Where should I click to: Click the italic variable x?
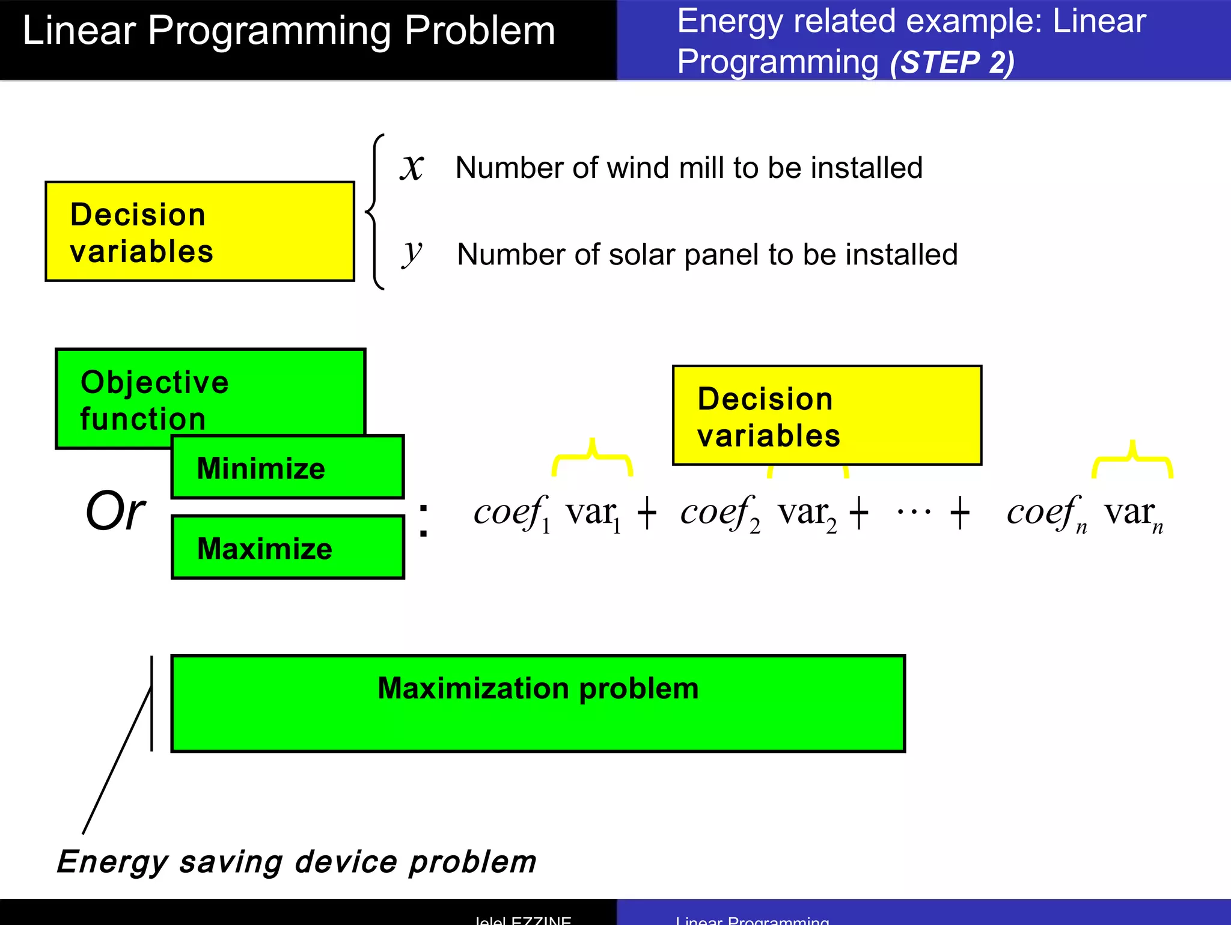tap(412, 168)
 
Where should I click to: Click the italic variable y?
tap(412, 253)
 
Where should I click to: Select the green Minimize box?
tap(287, 468)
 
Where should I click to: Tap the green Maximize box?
tap(287, 548)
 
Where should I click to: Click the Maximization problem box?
tap(538, 703)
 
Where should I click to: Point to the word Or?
tap(115, 511)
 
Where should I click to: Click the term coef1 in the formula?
tap(511, 513)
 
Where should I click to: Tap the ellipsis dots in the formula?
tap(914, 513)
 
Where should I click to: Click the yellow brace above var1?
tap(592, 458)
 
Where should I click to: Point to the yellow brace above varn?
tap(1132, 460)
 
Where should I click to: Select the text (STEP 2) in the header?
tap(952, 63)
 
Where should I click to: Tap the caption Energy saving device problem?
tap(296, 861)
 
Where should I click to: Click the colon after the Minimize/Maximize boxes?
tap(423, 520)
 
